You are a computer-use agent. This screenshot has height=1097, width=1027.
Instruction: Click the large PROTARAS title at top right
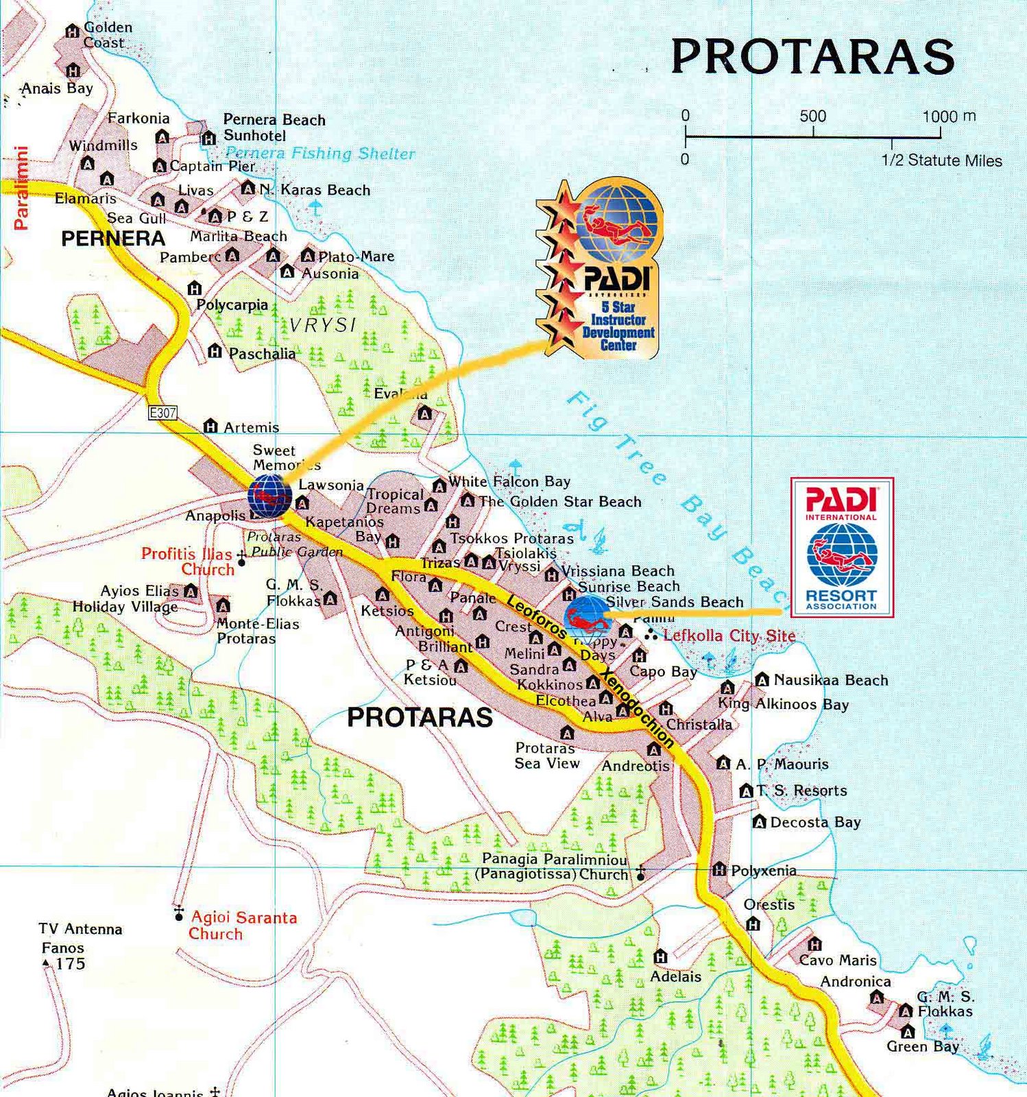pos(812,56)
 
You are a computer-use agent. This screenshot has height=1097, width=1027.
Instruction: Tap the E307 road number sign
pos(162,413)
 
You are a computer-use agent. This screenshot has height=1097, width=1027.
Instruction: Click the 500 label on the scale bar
pos(812,116)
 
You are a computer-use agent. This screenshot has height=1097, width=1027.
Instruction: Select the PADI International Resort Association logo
pos(842,547)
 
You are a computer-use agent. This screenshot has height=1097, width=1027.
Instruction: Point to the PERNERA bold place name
pos(113,239)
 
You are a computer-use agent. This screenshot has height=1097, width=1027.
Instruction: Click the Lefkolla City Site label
pos(729,636)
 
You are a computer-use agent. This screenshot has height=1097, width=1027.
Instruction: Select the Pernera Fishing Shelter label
pos(319,153)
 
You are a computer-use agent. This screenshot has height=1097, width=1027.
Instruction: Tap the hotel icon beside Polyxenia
pos(718,870)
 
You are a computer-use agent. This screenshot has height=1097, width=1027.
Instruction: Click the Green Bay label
pos(922,1046)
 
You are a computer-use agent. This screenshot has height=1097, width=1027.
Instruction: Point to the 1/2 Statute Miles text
pos(941,160)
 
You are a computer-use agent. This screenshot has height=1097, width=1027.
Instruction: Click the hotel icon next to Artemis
pos(210,426)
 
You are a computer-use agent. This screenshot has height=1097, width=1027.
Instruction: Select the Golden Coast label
pos(106,35)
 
